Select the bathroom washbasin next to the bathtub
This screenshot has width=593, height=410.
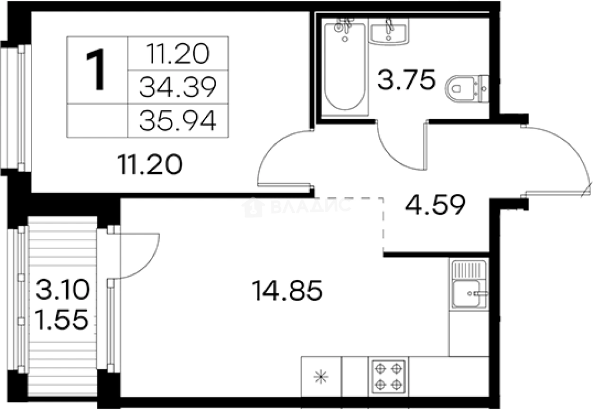pyautogui.click(x=389, y=32)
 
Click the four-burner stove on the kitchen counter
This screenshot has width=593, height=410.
pyautogui.click(x=389, y=376)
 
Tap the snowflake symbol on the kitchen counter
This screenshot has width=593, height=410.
pyautogui.click(x=321, y=377)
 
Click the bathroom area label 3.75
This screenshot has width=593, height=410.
pyautogui.click(x=406, y=79)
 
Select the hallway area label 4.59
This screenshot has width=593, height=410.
pyautogui.click(x=435, y=205)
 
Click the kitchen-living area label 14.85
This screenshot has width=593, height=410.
pyautogui.click(x=287, y=290)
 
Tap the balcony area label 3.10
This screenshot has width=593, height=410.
pyautogui.click(x=63, y=289)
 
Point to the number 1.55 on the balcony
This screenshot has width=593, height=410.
pyautogui.click(x=61, y=320)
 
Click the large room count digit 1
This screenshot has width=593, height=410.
pyautogui.click(x=96, y=70)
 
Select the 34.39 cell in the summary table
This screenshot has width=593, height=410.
pyautogui.click(x=178, y=87)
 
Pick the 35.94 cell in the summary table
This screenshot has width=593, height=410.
pyautogui.click(x=178, y=121)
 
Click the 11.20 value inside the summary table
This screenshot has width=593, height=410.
pyautogui.click(x=178, y=53)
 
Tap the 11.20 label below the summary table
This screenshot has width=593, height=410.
pyautogui.click(x=150, y=165)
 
